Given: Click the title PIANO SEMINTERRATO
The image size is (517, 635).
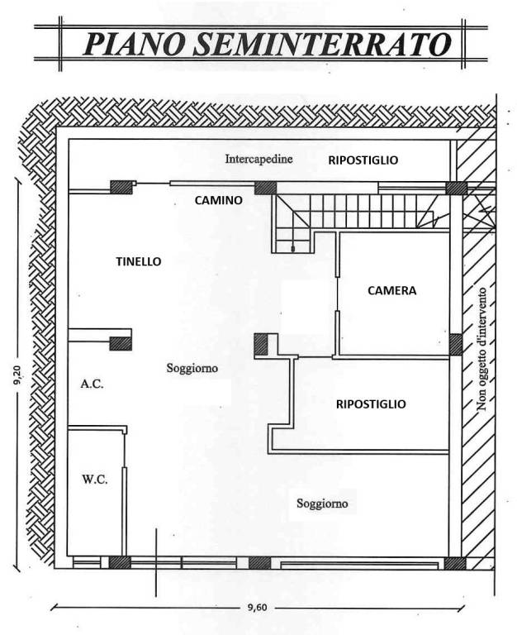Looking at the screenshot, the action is (x=267, y=44).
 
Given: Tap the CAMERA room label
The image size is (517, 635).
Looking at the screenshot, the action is (x=392, y=290).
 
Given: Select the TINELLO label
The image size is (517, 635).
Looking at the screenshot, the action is (x=139, y=261).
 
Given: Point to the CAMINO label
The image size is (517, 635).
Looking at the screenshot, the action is (x=219, y=200).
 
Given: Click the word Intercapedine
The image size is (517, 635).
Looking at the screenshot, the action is (x=258, y=159).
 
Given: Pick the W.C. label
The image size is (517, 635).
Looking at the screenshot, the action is (x=95, y=480).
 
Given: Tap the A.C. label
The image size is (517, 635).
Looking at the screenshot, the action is (x=92, y=384).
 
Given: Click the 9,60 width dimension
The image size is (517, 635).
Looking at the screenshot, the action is (x=257, y=608).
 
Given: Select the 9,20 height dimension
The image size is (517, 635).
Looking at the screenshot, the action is (x=18, y=375).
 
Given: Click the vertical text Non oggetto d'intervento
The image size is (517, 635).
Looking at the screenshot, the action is (x=482, y=349).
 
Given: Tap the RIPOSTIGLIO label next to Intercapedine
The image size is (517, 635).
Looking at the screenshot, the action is (x=363, y=160).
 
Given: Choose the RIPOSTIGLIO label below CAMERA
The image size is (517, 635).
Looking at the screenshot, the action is (x=371, y=404).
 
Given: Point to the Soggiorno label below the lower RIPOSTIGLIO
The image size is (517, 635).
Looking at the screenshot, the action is (x=322, y=504).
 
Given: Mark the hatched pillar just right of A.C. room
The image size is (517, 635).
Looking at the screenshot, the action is (x=121, y=343).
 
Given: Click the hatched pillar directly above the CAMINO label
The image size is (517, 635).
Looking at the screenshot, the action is (x=265, y=188).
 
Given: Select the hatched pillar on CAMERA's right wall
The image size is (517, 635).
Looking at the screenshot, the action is (x=456, y=344).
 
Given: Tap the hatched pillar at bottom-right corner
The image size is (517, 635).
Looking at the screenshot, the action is (x=455, y=563).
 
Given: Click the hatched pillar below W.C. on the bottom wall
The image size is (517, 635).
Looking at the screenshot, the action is (x=120, y=562).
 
